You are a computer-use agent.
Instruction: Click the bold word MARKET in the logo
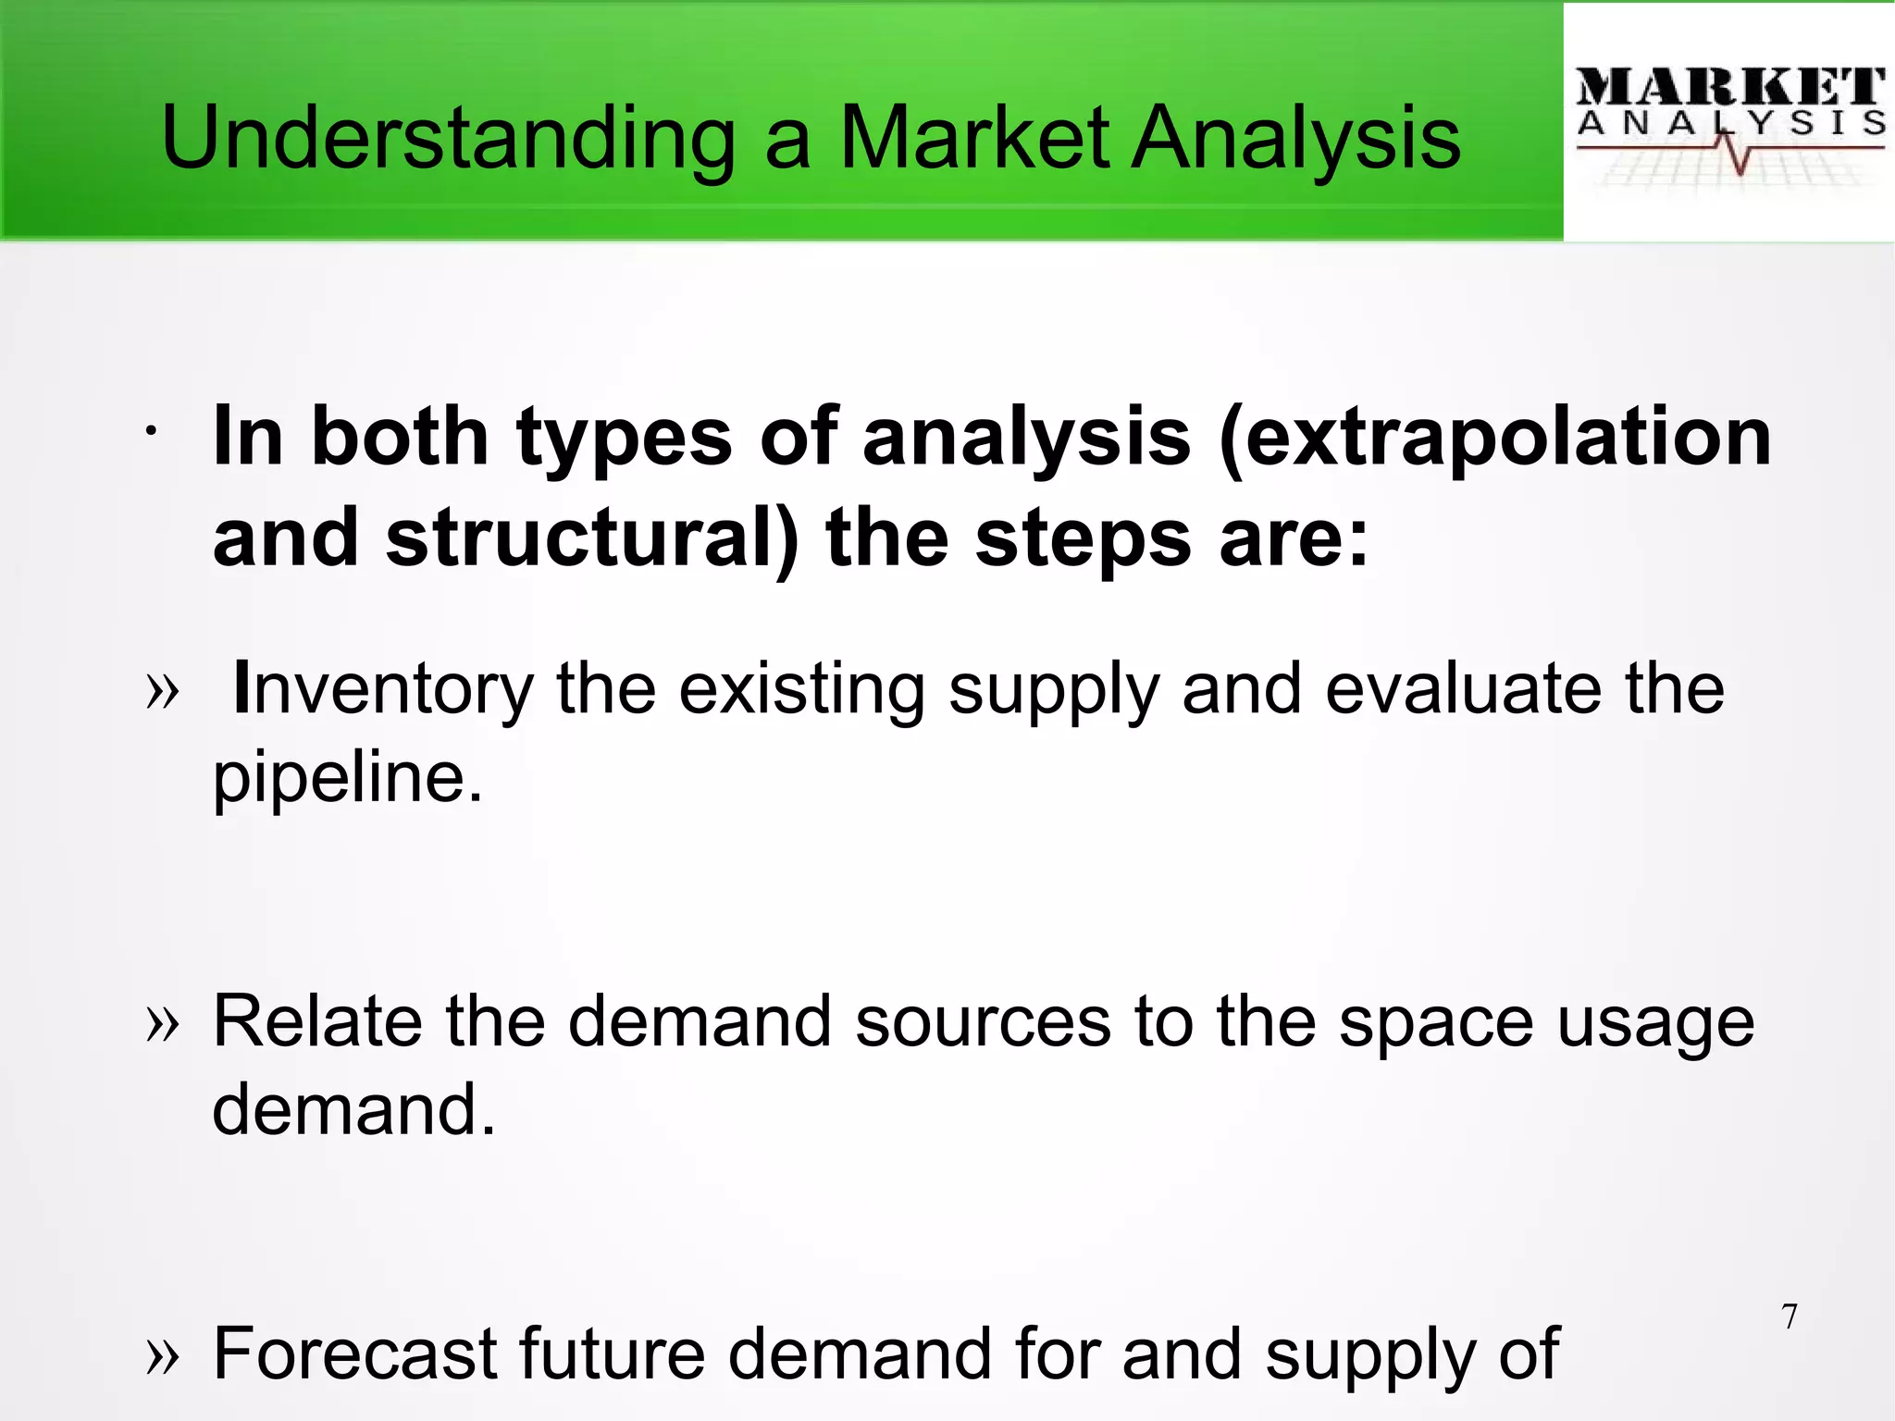1728,88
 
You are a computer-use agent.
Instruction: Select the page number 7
1790,1316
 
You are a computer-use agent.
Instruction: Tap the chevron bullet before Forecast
163,1356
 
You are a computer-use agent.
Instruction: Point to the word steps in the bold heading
1083,538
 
